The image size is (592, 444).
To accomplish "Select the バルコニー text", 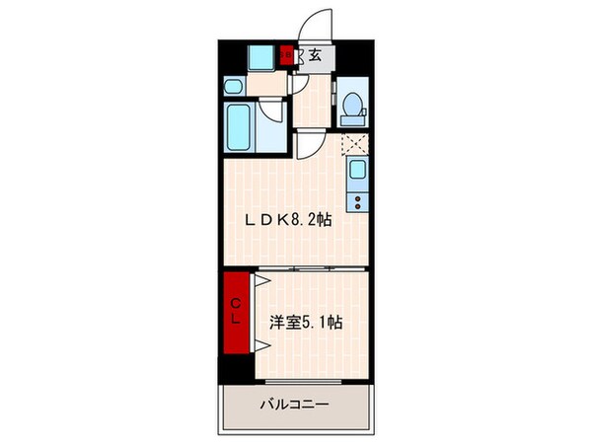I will (294, 405).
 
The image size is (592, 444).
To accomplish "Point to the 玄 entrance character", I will (314, 55).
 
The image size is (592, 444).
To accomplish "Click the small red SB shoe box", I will (286, 56).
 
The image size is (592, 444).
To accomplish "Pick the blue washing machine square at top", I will (260, 56).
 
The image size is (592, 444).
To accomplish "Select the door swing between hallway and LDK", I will (308, 149).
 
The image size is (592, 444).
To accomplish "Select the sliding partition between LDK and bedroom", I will (306, 267).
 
